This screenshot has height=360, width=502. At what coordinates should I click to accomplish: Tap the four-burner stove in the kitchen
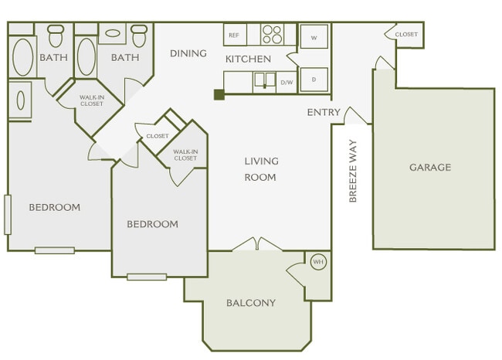pos(272,35)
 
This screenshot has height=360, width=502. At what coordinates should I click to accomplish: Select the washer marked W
pos(314,36)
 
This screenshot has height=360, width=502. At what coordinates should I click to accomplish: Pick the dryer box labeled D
pos(314,79)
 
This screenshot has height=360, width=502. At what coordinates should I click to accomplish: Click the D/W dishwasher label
pos(287,82)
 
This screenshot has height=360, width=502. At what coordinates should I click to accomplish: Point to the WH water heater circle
pos(317,263)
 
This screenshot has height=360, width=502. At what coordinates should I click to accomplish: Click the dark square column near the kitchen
pos(219,94)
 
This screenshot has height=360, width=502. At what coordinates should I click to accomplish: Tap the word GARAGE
pos(430,167)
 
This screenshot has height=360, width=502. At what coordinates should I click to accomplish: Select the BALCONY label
pos(251,303)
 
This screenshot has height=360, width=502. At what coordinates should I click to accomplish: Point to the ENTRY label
pos(324,113)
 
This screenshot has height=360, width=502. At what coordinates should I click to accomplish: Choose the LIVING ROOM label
pos(261,169)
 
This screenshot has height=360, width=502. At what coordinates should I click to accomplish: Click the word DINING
pos(188,53)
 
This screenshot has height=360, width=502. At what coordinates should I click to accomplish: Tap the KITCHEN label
pos(248,59)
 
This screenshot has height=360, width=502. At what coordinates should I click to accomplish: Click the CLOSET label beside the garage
pos(406,35)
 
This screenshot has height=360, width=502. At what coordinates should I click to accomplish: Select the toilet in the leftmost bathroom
pos(56,35)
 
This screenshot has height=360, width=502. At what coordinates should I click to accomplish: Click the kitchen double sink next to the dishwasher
pos(264,80)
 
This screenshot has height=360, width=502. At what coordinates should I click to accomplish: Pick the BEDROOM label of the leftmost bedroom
pos(55,207)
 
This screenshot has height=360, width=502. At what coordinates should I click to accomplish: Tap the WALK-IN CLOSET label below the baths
pos(91,100)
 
